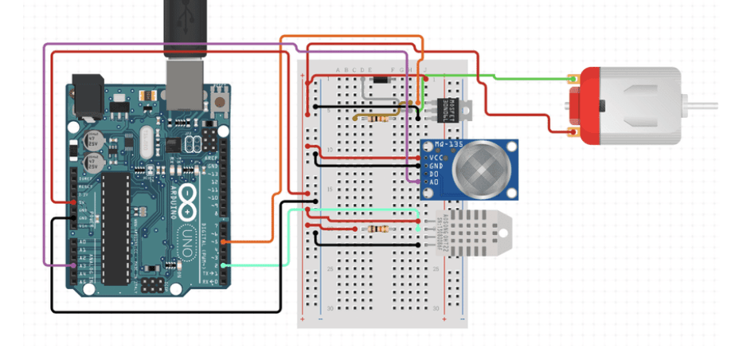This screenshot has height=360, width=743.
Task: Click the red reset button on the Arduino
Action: pos(219,101)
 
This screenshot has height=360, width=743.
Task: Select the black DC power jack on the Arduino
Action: pos(88,92)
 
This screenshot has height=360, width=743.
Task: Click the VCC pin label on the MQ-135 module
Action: pos(436,157)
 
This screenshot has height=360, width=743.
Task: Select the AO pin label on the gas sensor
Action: pos(434,182)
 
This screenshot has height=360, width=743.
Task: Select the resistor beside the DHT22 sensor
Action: pos(376,229)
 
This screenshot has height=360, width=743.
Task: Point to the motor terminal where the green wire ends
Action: pos(572,80)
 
